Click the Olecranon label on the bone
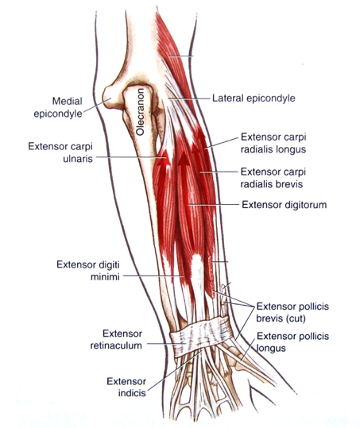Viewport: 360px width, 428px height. click(140, 112)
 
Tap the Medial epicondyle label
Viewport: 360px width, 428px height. click(58, 107)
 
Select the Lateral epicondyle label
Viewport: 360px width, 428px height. click(254, 98)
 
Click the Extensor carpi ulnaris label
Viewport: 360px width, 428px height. click(60, 152)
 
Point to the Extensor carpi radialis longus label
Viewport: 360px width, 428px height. click(273, 143)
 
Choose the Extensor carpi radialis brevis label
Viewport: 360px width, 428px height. click(273, 178)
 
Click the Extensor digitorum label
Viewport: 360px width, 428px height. click(284, 205)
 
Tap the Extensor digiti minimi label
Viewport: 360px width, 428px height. click(88, 271)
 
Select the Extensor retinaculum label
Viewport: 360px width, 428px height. click(116, 340)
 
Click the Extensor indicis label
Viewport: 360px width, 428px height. click(126, 388)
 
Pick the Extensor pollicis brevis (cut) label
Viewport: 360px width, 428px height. click(292, 313)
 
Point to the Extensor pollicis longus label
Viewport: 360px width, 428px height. click(292, 342)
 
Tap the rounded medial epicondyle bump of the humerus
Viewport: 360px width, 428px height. click(110, 97)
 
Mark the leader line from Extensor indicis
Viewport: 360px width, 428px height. click(175, 371)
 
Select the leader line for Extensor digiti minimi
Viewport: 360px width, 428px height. click(153, 276)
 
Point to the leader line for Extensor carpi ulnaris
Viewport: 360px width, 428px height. click(130, 157)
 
